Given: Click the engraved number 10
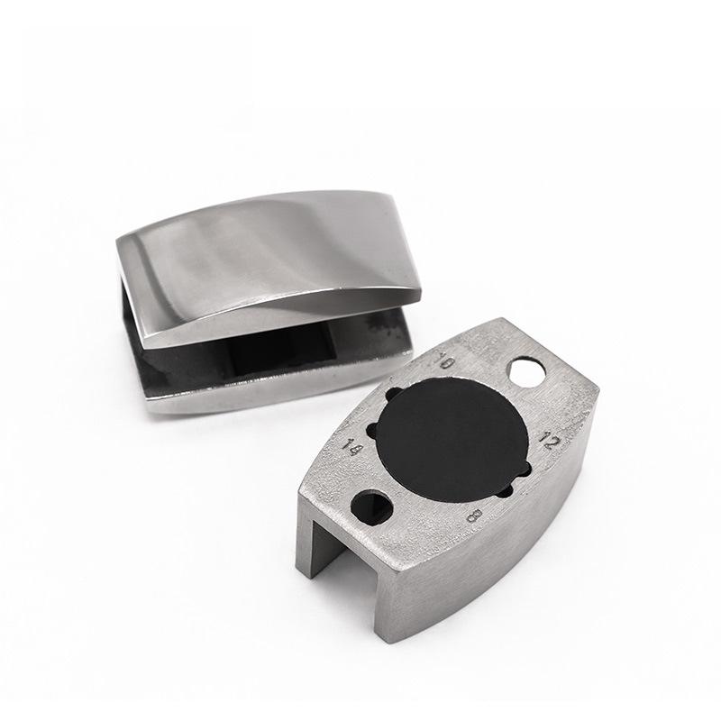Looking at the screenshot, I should [x=444, y=361].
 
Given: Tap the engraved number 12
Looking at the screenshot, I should [x=549, y=440].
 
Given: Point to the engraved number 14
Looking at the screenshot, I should [x=354, y=447].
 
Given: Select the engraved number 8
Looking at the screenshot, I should [x=474, y=516].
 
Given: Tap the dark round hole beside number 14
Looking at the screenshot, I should [x=371, y=507].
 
